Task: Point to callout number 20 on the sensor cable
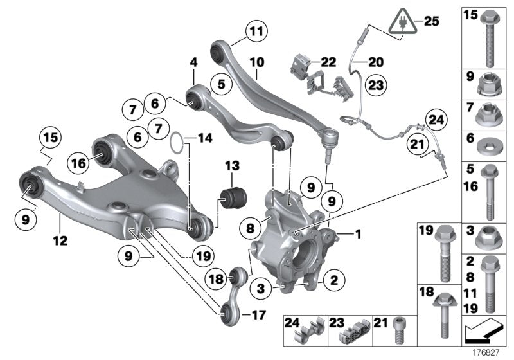[375, 62]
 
